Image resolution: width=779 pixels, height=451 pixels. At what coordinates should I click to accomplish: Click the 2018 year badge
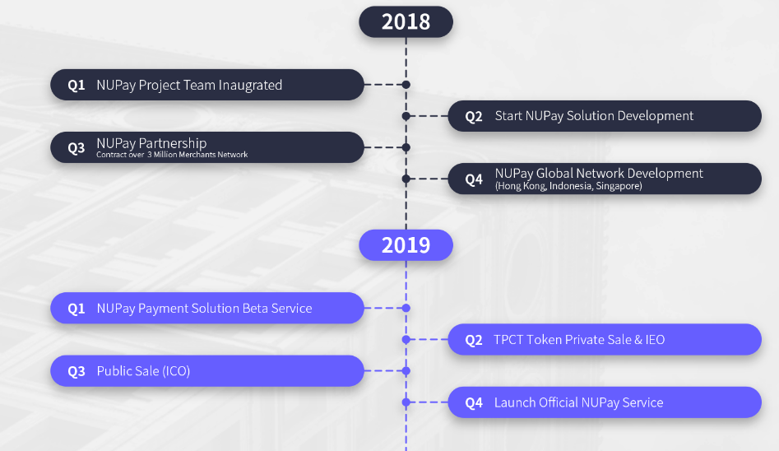406,22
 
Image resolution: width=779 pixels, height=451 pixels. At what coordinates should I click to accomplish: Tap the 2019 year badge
406,245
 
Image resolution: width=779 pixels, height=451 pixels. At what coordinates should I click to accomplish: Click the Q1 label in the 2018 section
76,85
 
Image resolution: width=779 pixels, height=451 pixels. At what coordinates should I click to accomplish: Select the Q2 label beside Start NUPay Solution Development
474,116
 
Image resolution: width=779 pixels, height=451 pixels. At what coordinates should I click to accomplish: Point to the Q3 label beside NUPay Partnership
76,147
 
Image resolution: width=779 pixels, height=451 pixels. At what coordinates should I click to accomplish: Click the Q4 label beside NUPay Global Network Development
474,179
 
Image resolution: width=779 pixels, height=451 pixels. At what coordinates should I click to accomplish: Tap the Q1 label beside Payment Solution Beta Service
76,309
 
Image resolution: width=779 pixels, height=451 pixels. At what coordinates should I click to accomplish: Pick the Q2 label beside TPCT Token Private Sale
474,340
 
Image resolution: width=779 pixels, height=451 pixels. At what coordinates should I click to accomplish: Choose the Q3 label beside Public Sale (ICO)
76,371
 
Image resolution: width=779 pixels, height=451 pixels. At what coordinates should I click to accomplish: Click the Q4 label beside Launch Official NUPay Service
474,402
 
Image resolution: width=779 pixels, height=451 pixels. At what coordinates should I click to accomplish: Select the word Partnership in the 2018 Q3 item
173,143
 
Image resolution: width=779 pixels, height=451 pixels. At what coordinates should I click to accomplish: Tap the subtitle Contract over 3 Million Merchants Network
172,155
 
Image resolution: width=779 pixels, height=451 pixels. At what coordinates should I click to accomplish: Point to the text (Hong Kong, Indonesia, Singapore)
568,186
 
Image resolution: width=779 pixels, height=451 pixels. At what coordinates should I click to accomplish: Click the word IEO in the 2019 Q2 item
655,340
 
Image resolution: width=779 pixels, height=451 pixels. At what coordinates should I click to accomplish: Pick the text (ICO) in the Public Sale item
176,371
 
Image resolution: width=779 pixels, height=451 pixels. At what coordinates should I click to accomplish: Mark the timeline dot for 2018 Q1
406,85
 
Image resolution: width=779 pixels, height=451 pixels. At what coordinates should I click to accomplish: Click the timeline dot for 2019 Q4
406,402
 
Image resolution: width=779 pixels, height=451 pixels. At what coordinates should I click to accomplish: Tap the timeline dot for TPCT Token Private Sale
406,340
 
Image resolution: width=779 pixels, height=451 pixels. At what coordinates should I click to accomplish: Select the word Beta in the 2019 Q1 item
255,309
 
